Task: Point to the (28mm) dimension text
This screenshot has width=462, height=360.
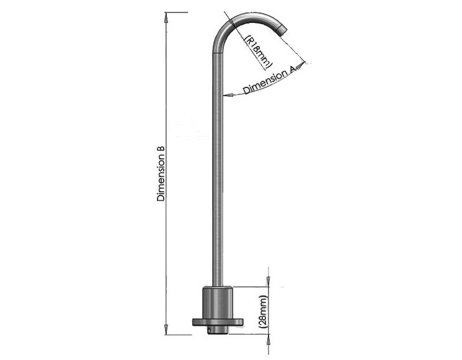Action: pyautogui.click(x=263, y=312)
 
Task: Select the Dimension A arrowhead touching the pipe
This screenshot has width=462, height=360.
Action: pyautogui.click(x=228, y=95)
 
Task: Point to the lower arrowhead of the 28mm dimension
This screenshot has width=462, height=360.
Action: pyautogui.click(x=268, y=341)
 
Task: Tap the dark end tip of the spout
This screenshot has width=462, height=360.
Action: pyautogui.click(x=282, y=29)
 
